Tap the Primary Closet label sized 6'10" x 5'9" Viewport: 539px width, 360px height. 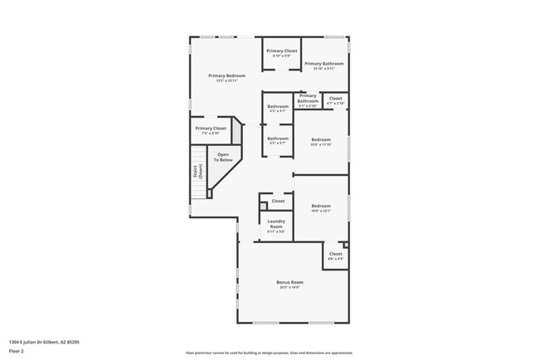coord(281,51)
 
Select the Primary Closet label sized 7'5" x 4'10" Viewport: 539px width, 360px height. coord(211,129)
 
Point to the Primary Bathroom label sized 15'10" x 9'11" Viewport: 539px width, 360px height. coord(323,63)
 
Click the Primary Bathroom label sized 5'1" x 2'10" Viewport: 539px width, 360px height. coord(308,99)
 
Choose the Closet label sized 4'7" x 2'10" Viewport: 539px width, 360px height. coord(336,99)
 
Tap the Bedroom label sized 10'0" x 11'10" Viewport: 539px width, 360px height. coord(321,139)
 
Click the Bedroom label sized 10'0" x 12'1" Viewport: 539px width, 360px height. coord(321,206)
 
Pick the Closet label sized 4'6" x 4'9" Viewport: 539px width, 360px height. coord(335,254)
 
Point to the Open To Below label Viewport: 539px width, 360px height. coord(223,156)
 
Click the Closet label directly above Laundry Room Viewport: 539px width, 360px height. coord(278,201)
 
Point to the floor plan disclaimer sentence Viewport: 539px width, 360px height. coord(269,353)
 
